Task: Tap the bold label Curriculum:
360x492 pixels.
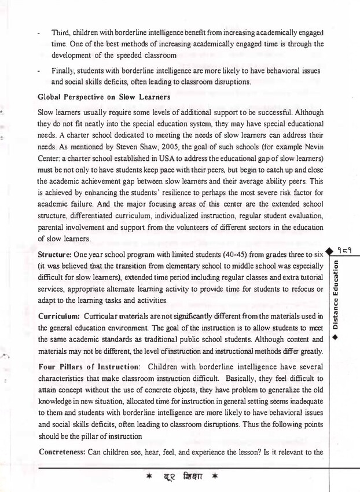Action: (x=58, y=315)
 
